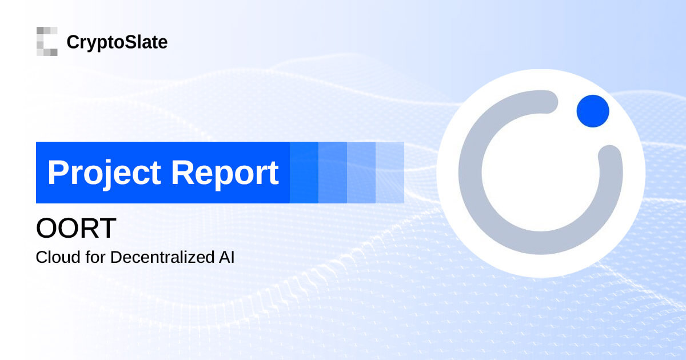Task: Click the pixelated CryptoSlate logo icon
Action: click(x=47, y=42)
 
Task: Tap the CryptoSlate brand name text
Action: click(x=117, y=42)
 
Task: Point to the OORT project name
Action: click(x=76, y=229)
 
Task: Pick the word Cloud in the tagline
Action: click(x=53, y=257)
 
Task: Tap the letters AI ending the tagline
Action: click(x=226, y=257)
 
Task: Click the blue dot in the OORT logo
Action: click(x=593, y=111)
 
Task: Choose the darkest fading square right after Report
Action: click(x=304, y=173)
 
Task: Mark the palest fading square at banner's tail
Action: click(x=390, y=173)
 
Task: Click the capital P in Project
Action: click(x=58, y=173)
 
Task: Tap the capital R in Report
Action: click(x=185, y=173)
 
